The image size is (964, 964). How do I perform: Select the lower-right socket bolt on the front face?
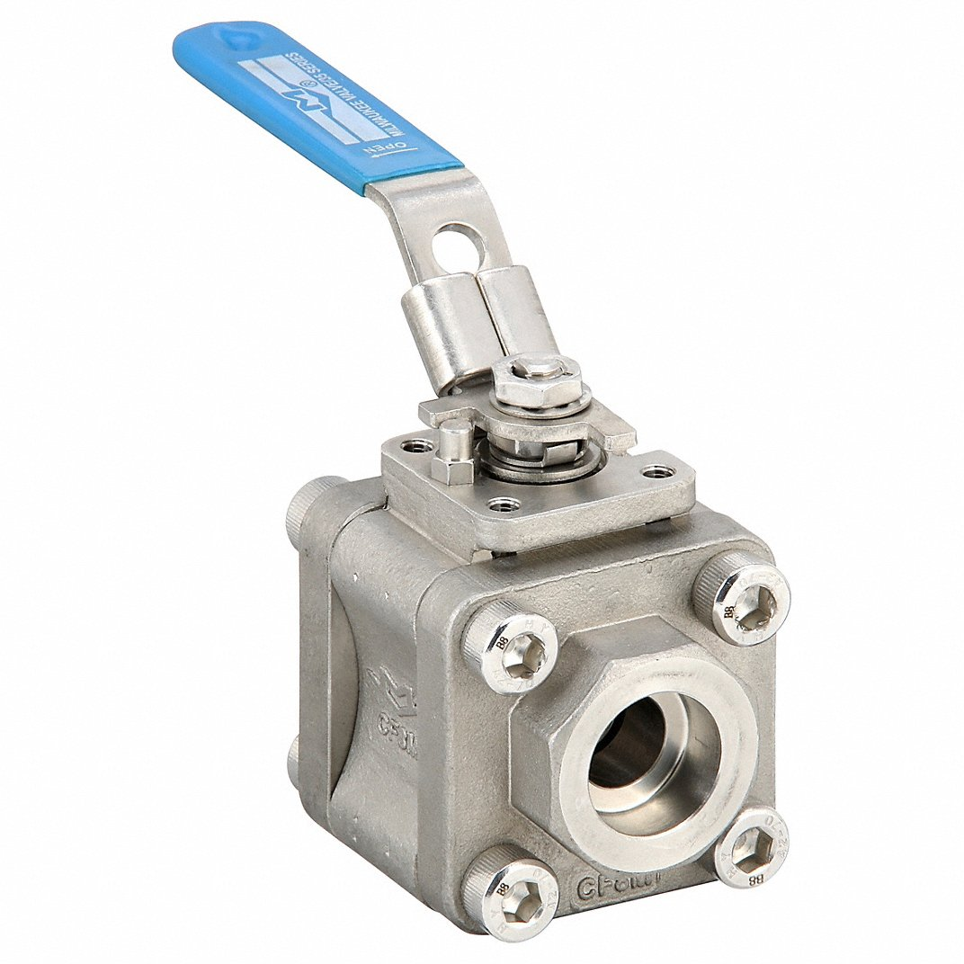point(752,847)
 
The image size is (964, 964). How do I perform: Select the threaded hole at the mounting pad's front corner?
point(509,505)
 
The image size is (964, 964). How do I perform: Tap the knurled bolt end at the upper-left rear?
point(304,509)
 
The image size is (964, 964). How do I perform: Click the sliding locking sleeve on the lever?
point(477,319)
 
